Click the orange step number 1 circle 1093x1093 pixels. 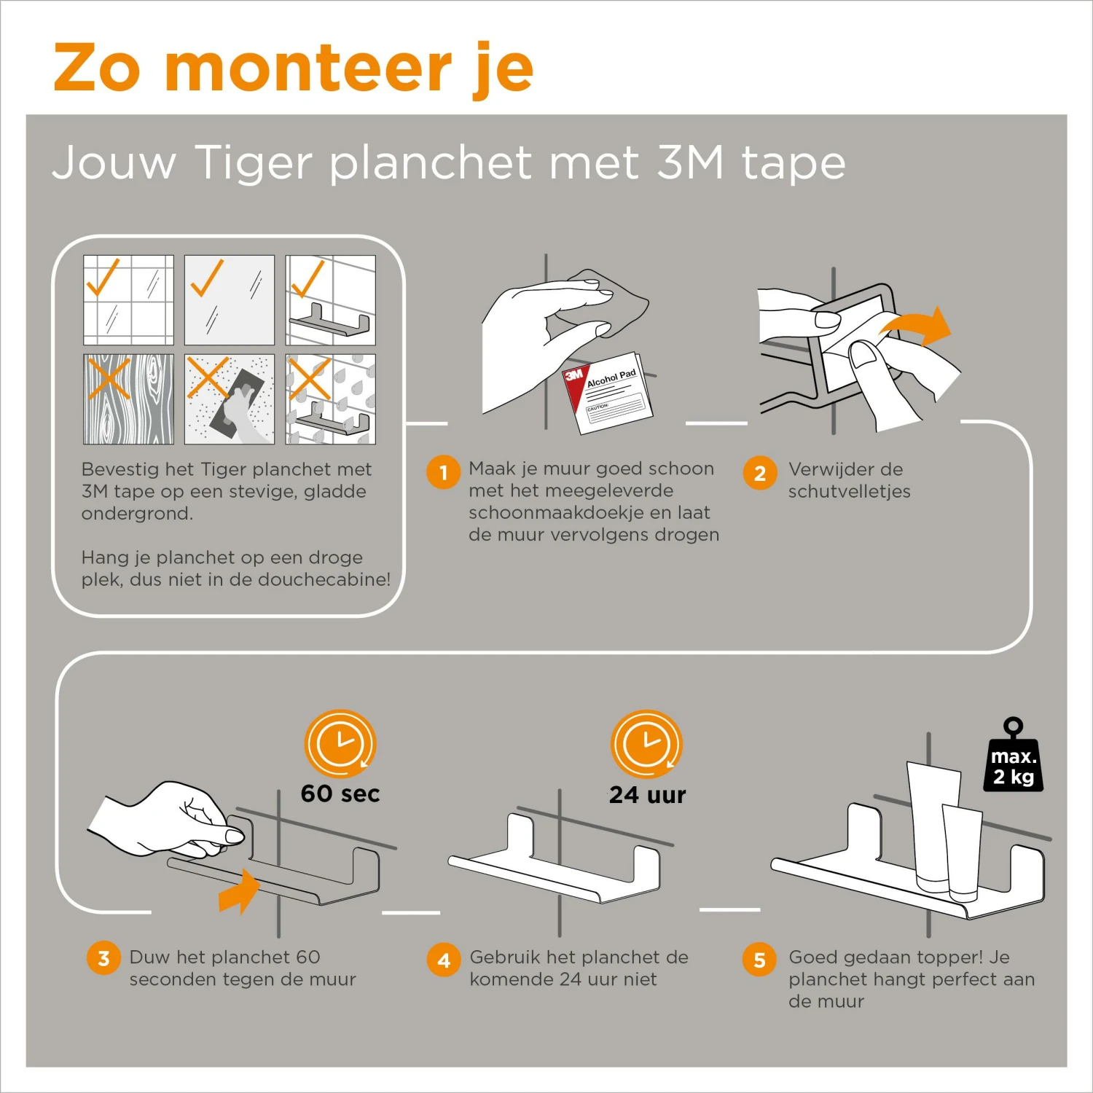443,472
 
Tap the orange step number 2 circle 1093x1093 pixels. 760,473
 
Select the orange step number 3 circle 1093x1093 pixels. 103,958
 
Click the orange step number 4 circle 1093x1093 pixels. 444,960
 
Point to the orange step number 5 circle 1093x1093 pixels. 759,960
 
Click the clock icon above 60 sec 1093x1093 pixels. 340,744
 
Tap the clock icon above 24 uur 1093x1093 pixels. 646,744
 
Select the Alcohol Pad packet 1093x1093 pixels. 608,393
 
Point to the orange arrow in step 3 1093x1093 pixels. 239,890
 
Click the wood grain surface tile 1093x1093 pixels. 129,399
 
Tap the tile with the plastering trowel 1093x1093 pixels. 230,399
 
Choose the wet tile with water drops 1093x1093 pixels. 330,399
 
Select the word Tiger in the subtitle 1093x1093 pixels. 254,162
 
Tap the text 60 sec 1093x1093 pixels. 340,794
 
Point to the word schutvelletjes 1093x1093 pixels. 849,491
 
